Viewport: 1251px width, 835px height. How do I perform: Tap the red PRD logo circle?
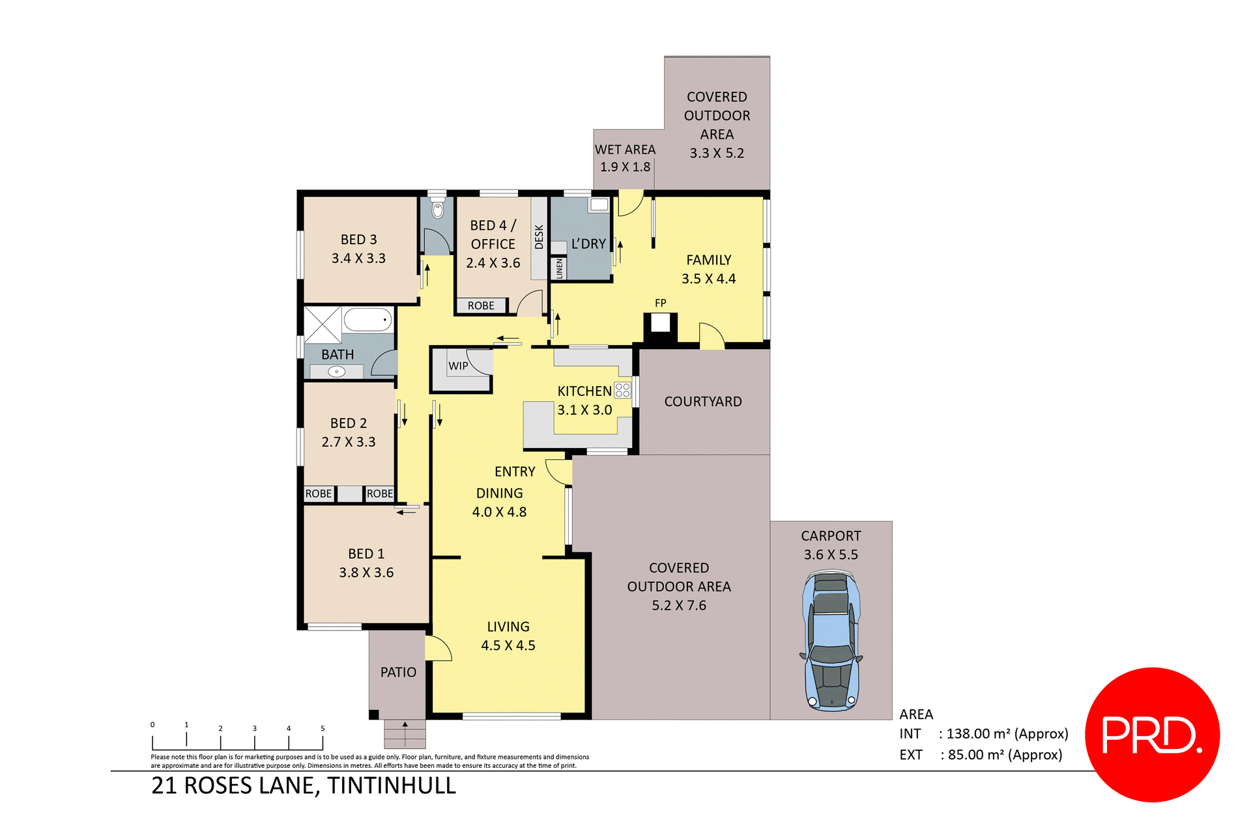tap(1152, 734)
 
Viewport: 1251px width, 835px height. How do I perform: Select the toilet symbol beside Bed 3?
tap(438, 209)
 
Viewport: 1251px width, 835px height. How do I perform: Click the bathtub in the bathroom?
tap(367, 320)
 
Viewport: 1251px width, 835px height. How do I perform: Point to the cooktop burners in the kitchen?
tap(622, 390)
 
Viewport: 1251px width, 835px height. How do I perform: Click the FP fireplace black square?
tap(660, 324)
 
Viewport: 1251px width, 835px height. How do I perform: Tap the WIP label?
tap(458, 366)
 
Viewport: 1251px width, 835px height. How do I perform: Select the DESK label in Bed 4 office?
tap(539, 237)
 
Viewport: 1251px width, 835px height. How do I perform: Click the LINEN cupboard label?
tap(559, 268)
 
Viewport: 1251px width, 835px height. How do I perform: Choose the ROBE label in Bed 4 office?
tap(481, 305)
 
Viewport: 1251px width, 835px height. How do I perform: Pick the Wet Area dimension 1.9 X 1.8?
tap(625, 167)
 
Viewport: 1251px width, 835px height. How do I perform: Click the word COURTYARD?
tap(702, 402)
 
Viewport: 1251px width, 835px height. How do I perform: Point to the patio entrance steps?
tap(405, 734)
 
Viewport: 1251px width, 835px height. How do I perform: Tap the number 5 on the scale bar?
tap(323, 728)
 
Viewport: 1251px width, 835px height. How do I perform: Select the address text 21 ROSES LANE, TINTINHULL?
tap(304, 785)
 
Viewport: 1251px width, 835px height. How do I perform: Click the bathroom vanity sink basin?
tap(336, 372)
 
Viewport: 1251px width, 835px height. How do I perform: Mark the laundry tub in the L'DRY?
tap(598, 205)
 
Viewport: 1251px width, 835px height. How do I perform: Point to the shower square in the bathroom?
tap(323, 324)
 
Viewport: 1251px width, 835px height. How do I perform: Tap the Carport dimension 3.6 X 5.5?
tap(831, 555)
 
